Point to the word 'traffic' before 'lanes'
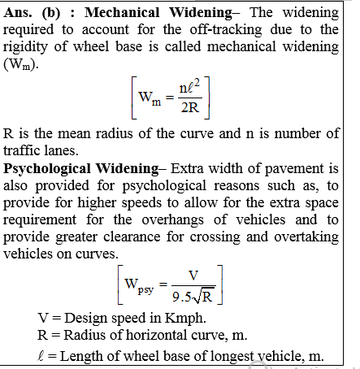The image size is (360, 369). pyautogui.click(x=27, y=150)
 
